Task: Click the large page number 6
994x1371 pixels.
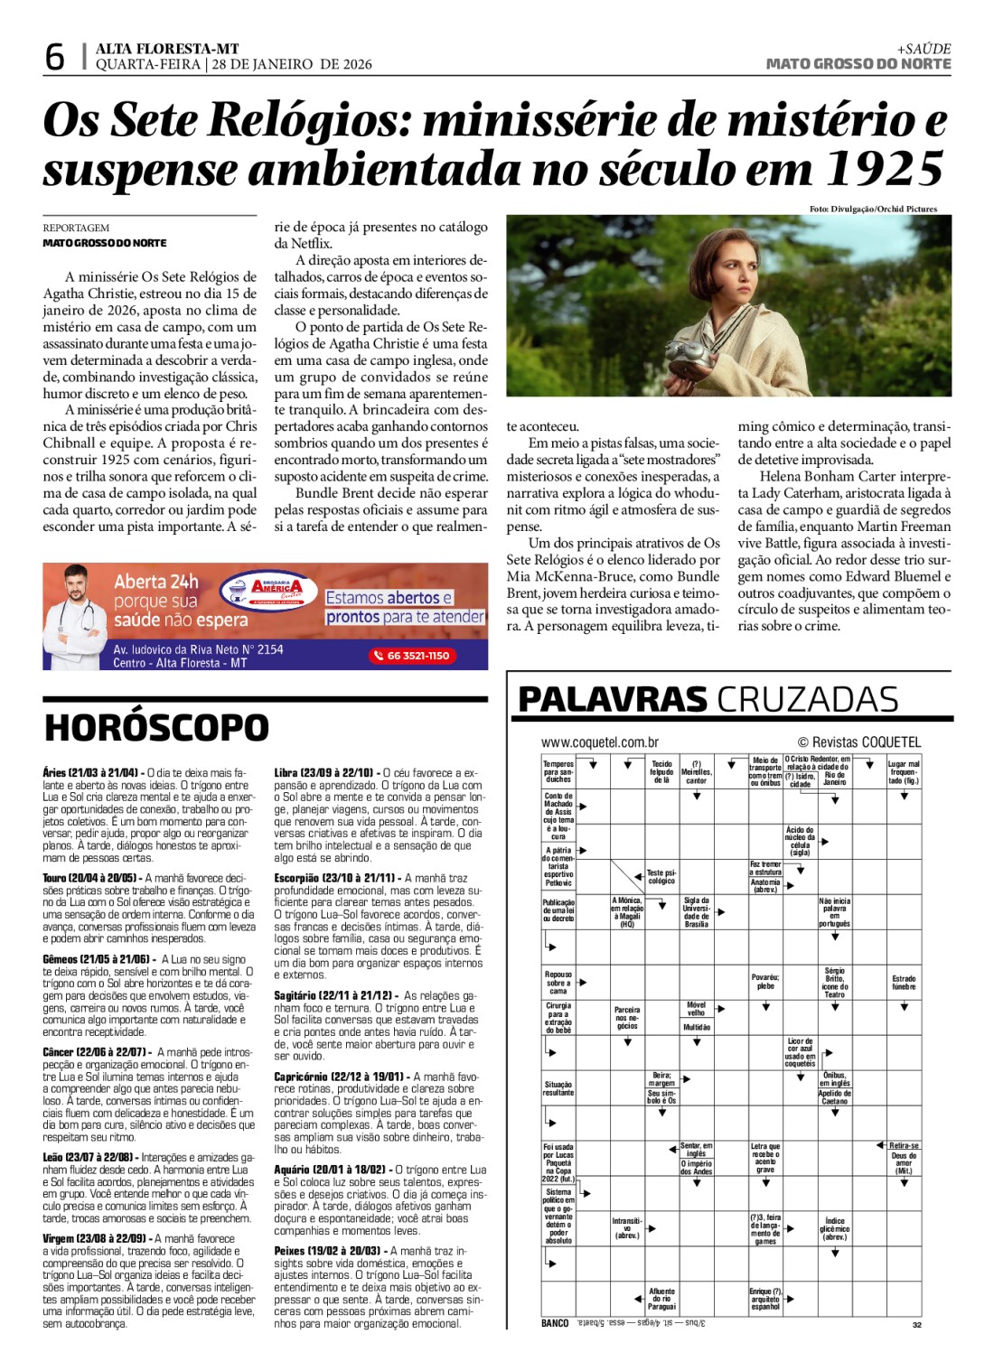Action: [x=54, y=56]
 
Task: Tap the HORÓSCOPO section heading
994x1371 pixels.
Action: [x=156, y=728]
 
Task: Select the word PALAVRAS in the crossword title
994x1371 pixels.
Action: [x=612, y=700]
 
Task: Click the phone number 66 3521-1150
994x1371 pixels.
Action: [x=412, y=656]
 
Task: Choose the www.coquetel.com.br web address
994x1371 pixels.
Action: [x=599, y=742]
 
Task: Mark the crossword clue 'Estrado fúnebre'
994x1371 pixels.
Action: [x=904, y=983]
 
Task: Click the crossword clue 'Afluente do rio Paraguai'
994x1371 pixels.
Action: [x=661, y=1299]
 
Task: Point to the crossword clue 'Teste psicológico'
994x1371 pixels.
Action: [x=661, y=877]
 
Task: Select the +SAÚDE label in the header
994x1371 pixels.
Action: [x=924, y=49]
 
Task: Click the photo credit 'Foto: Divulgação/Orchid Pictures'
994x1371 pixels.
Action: [x=873, y=210]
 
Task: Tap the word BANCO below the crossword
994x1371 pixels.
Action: [x=555, y=1323]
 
